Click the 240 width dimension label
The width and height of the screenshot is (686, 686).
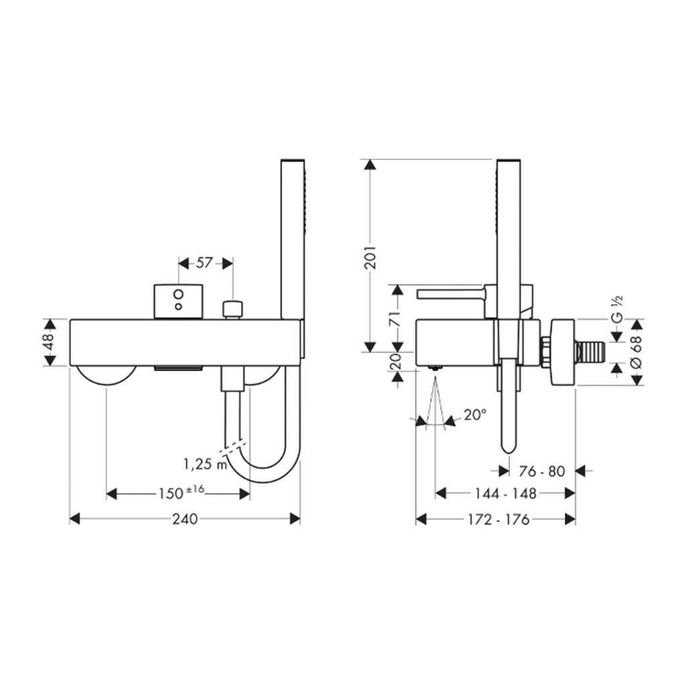pos(185,519)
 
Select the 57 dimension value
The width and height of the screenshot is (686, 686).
pos(204,263)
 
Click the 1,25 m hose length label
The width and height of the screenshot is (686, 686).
pos(205,464)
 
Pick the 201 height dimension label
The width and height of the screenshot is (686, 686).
pos(370,257)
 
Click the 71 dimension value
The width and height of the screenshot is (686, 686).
pos(396,319)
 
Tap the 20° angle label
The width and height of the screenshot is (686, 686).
pos(475,414)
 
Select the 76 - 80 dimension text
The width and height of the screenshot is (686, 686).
pos(542,471)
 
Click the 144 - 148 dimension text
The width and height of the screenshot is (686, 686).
pos(505,494)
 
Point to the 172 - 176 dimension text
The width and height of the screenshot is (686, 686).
pos(498,519)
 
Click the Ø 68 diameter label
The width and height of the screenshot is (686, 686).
pos(636,348)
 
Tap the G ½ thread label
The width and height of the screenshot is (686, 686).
pos(616,310)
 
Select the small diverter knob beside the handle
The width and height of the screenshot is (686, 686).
pos(232,310)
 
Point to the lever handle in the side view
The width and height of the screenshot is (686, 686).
pos(452,294)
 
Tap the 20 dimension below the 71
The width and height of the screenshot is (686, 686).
pos(396,362)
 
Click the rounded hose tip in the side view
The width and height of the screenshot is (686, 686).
pos(508,446)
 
